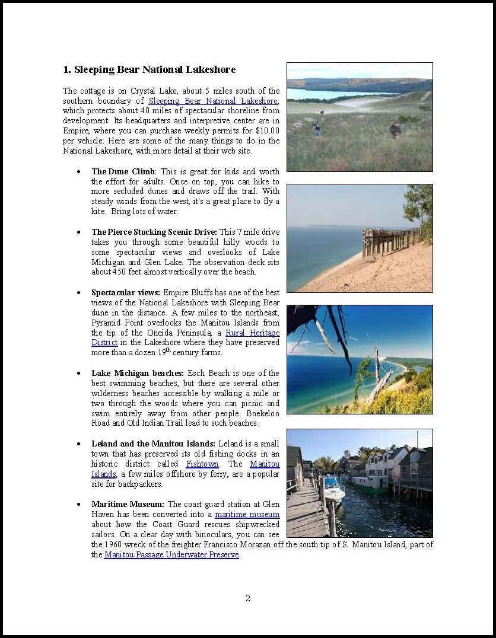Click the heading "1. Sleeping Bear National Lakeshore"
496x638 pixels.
click(x=149, y=69)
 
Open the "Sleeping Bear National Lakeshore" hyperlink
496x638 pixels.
click(x=212, y=101)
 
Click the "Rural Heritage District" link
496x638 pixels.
click(x=252, y=333)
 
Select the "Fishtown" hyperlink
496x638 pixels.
click(x=202, y=464)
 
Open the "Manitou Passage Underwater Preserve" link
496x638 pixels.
click(x=171, y=555)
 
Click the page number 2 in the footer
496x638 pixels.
click(x=248, y=598)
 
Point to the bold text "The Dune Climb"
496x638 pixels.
click(x=123, y=171)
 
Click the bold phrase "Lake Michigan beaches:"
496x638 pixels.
click(x=138, y=374)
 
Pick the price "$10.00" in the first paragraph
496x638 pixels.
click(x=268, y=130)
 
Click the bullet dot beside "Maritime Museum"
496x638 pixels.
click(x=79, y=505)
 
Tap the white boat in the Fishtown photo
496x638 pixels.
click(x=333, y=487)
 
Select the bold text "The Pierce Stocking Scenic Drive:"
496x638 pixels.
click(x=154, y=232)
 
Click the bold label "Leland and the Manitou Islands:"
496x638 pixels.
click(x=153, y=444)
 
